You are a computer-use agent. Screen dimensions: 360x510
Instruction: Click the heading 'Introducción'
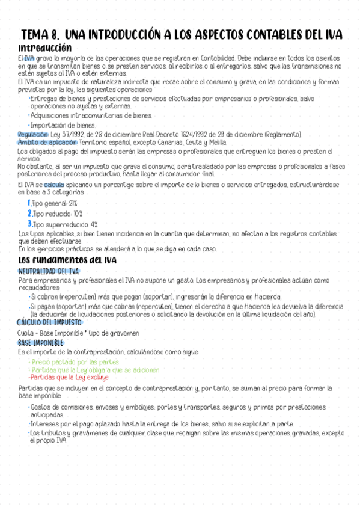coord(45,47)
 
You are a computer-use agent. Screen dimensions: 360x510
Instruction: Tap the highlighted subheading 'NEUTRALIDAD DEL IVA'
coord(49,271)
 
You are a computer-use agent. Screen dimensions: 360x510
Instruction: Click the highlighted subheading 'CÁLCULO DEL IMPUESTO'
coord(49,322)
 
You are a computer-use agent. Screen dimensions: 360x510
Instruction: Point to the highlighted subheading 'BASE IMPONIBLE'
coord(40,342)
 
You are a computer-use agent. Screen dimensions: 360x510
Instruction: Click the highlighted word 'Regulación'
coord(32,134)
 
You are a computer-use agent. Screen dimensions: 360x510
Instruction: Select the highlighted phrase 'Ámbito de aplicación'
coord(47,143)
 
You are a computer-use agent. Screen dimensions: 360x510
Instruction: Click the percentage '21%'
coord(73,204)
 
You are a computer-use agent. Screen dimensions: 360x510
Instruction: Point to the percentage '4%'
coord(93,224)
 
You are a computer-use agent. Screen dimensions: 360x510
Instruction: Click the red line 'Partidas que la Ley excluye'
coord(69,378)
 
